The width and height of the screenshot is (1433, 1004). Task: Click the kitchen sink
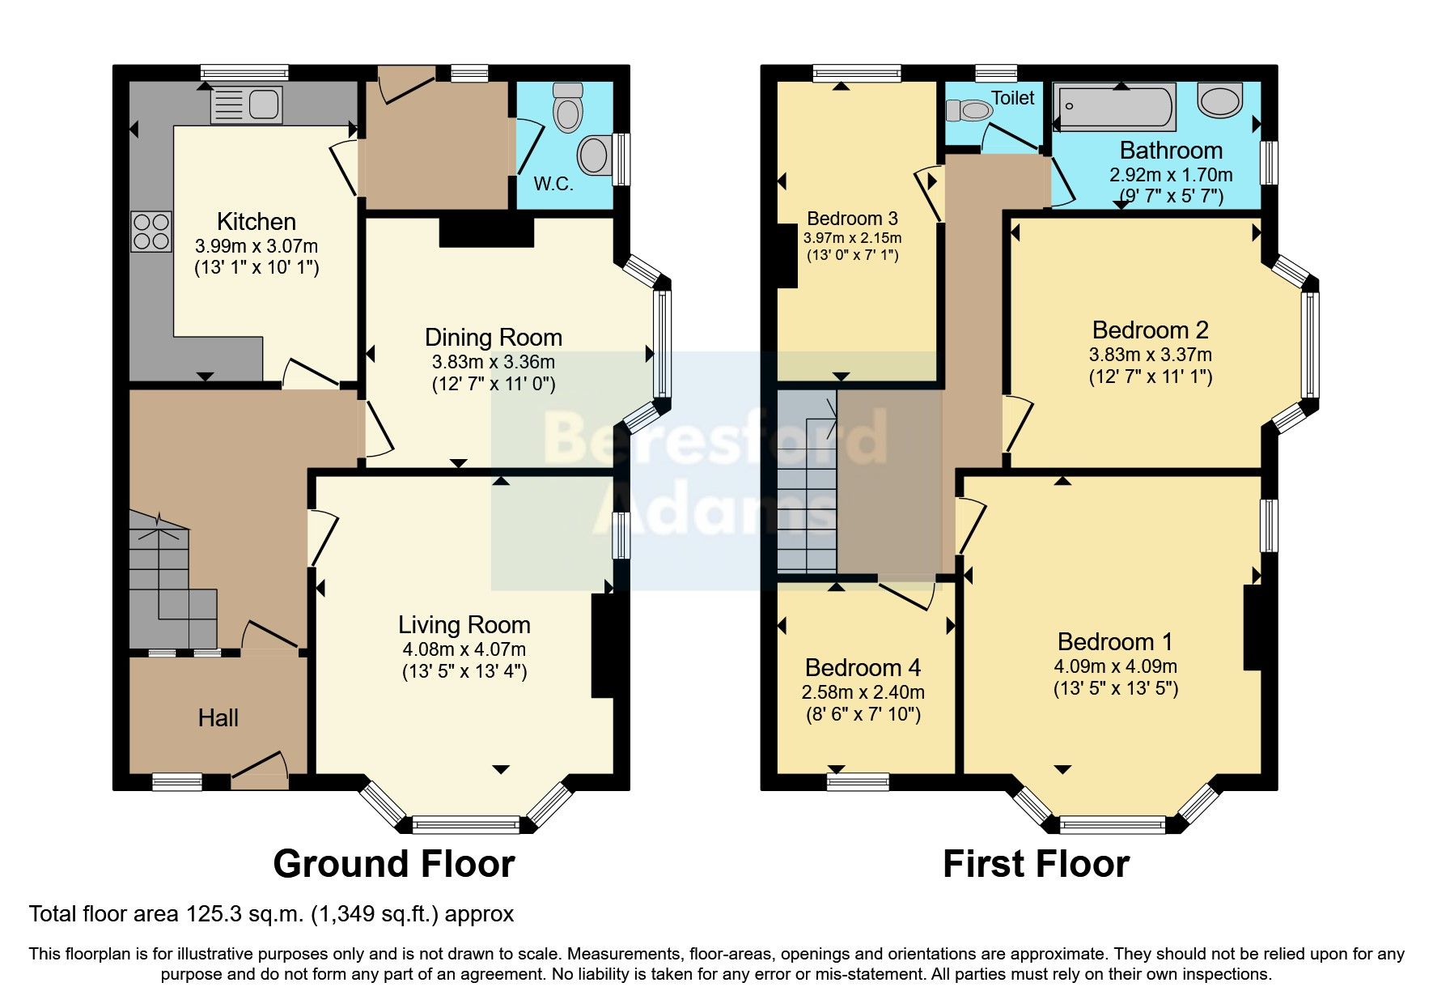246,105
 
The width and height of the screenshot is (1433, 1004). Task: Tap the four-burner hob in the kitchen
151,231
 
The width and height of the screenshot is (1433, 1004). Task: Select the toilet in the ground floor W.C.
567,109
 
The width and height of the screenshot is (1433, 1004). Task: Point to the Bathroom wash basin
1220,100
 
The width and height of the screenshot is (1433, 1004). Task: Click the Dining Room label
494,338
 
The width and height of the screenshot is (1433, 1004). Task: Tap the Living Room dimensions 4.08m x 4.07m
464,649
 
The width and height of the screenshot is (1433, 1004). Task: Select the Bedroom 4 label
863,668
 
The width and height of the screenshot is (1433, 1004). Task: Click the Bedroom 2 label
1150,330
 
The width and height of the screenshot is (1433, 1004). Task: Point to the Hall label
218,718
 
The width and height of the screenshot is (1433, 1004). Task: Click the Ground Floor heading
394,864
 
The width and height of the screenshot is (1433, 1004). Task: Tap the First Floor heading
1036,864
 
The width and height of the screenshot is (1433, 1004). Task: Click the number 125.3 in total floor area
214,914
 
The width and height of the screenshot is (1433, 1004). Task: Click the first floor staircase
807,486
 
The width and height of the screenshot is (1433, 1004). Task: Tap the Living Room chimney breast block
604,645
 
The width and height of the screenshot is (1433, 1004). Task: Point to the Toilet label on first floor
1012,98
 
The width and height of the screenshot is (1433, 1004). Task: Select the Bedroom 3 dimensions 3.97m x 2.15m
852,238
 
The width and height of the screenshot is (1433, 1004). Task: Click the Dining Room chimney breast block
486,232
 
